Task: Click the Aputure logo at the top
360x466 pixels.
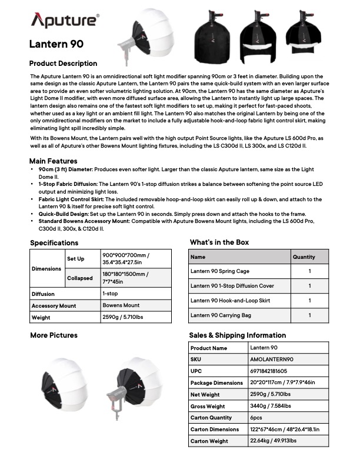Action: tap(65, 22)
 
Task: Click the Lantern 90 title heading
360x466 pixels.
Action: tap(56, 44)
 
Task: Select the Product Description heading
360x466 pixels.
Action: tap(63, 64)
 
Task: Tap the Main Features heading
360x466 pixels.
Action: tap(53, 161)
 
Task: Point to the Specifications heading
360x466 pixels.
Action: tap(54, 242)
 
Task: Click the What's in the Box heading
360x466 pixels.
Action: tap(219, 242)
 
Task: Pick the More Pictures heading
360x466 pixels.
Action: tap(54, 335)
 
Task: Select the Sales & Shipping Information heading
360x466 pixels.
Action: tap(237, 335)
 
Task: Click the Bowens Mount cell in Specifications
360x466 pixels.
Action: tap(121, 306)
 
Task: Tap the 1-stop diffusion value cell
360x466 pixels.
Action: tap(111, 294)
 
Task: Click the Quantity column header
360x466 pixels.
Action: tap(304, 257)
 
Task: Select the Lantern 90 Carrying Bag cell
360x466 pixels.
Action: tap(221, 315)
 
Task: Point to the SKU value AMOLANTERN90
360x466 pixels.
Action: tap(272, 360)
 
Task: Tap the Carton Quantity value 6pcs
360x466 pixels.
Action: tap(257, 418)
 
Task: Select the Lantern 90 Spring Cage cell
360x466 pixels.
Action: tap(220, 272)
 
